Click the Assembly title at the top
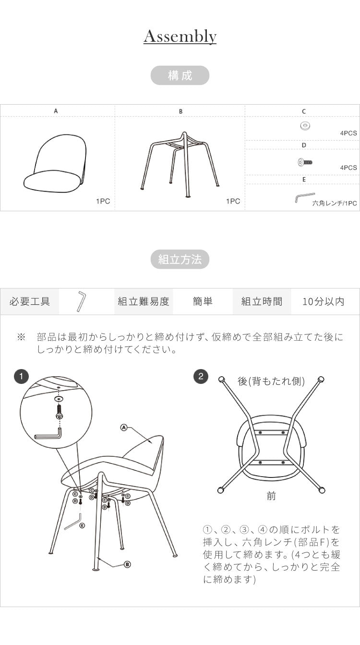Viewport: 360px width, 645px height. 180,36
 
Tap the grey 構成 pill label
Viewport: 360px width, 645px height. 180,75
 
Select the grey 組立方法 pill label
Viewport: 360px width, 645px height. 180,260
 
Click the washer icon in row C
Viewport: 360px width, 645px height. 304,126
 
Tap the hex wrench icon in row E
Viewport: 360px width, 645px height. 304,197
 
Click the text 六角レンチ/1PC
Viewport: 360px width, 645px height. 335,203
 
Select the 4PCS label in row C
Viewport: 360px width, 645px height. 348,133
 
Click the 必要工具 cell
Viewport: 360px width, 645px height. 30,301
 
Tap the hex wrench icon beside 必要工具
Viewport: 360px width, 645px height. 81,301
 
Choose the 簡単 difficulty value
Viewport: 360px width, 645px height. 203,301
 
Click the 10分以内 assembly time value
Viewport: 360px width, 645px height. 324,301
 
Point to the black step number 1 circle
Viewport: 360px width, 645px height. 21,376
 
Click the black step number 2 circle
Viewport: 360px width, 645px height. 201,376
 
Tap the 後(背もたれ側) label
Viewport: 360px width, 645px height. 271,381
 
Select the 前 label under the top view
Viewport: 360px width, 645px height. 271,496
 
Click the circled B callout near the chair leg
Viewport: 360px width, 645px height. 127,564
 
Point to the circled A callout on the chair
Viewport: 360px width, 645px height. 123,427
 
